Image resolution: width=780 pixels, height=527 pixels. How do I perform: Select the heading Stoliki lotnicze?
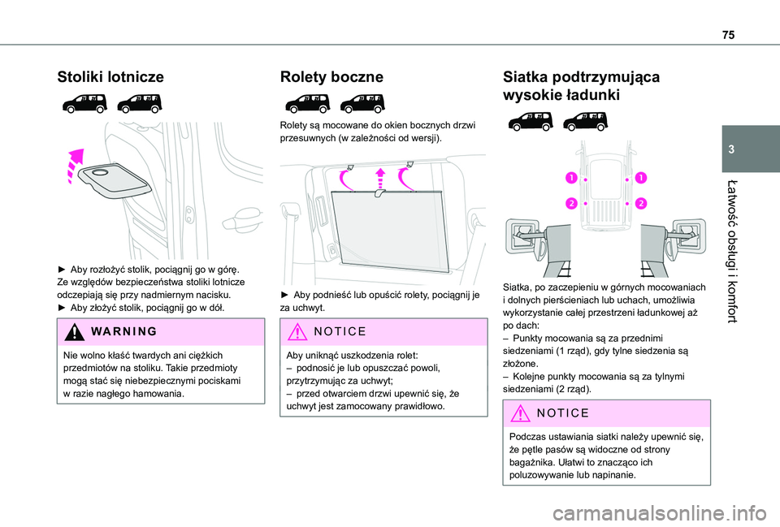pyautogui.click(x=110, y=77)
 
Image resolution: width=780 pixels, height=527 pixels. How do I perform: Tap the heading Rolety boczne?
pyautogui.click(x=331, y=77)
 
